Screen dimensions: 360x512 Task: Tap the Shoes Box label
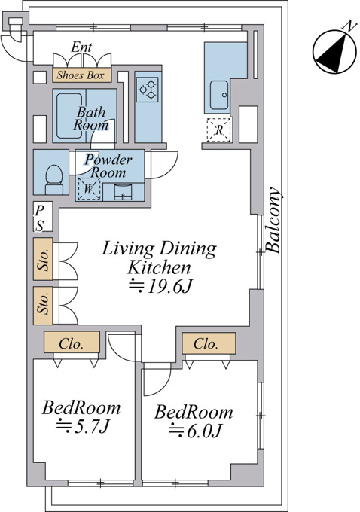tap(81, 75)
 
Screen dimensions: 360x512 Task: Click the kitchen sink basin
tap(219, 95)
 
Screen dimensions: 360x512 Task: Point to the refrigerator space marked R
tap(219, 130)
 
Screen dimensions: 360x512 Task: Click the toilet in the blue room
tap(54, 180)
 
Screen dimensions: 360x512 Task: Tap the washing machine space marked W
tap(89, 189)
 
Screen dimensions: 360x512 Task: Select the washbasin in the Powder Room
tap(123, 192)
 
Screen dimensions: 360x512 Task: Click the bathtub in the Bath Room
tap(69, 116)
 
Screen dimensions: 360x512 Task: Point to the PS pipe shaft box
tap(43, 217)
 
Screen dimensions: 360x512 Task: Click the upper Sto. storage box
tap(43, 259)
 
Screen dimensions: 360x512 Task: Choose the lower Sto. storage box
tap(43, 306)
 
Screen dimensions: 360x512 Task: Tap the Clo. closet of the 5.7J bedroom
tap(72, 342)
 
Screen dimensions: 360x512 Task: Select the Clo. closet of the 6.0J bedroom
tap(209, 343)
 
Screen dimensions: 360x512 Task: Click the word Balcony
tap(273, 221)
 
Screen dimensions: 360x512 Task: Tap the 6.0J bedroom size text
tap(195, 430)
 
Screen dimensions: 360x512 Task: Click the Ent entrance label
tap(81, 47)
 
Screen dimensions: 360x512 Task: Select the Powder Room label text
tap(108, 166)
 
